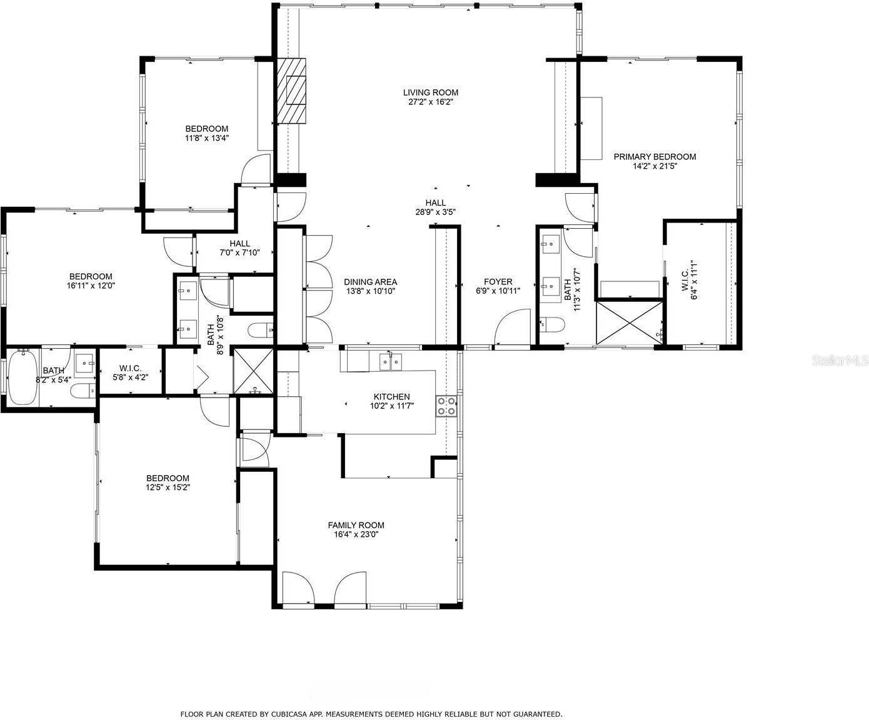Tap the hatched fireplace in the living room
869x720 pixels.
pos(292,91)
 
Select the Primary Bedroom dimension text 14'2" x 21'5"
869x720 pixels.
pos(655,166)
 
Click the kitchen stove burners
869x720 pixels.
pos(446,406)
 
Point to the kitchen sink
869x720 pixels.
pos(390,361)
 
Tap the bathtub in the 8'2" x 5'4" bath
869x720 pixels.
pos(23,377)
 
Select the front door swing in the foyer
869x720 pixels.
pos(512,327)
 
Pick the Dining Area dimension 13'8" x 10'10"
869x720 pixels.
pos(370,291)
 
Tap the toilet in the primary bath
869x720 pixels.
pos(552,324)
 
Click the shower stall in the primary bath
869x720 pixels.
pos(630,323)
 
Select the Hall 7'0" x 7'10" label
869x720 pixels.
pos(239,248)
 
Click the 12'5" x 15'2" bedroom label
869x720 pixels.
pos(168,482)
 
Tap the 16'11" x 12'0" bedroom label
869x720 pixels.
pos(91,281)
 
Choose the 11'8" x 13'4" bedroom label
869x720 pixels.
pos(207,133)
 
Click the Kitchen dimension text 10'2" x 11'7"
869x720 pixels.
pos(391,406)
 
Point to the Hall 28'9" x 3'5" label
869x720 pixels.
pos(435,207)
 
